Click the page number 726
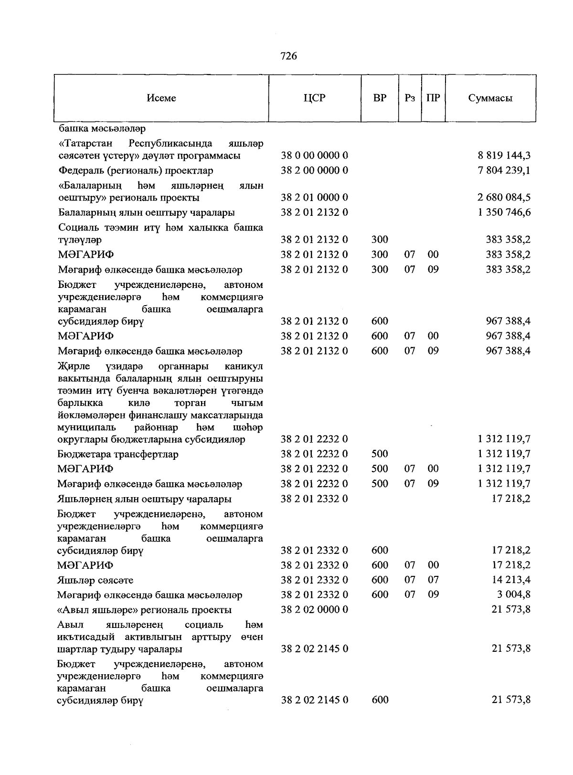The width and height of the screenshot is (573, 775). click(289, 56)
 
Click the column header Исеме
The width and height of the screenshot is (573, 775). click(161, 98)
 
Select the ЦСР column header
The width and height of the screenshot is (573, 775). click(314, 98)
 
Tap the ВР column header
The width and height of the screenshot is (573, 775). click(380, 98)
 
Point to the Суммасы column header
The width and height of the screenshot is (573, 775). click(490, 98)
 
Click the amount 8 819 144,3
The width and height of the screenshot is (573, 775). click(504, 155)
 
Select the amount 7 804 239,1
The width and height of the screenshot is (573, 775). click(504, 170)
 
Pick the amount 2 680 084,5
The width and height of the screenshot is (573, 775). click(504, 197)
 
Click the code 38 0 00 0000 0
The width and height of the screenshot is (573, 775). click(314, 155)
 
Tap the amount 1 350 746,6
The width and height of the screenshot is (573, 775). click(504, 212)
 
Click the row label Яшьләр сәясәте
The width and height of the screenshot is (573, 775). click(95, 580)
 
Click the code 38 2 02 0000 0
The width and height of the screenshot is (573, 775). click(314, 610)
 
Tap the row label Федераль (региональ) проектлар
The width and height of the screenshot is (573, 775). click(136, 170)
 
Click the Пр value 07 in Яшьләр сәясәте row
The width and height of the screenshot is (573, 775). click(433, 580)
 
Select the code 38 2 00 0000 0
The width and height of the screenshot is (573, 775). click(314, 170)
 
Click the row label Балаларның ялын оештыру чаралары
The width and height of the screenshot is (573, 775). click(146, 212)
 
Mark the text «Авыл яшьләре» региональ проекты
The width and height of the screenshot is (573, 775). click(144, 610)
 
